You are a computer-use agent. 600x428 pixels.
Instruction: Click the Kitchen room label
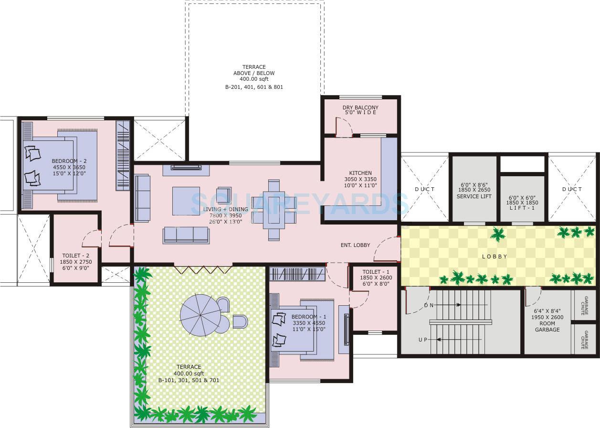coord(360,173)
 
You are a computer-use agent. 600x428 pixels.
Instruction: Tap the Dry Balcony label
coord(360,107)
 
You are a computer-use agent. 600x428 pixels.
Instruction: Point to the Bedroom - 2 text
coord(68,161)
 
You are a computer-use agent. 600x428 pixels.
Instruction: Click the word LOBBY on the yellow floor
coord(495,257)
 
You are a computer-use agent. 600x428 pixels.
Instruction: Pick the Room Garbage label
coord(547,330)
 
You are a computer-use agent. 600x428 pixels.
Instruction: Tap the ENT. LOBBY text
coord(355,245)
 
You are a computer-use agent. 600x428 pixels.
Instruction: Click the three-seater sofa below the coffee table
coord(186,235)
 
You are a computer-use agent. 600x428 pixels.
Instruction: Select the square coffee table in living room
coord(186,201)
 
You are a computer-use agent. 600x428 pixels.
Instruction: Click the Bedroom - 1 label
coord(309,317)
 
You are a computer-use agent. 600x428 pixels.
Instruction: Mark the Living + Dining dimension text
coord(225,215)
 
